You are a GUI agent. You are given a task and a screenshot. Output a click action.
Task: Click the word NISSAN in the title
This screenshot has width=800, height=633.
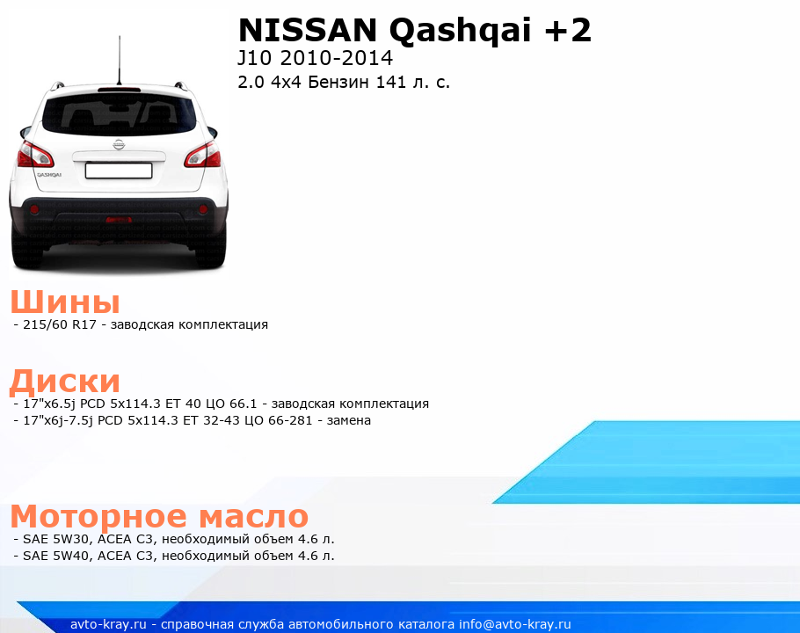pyautogui.click(x=308, y=30)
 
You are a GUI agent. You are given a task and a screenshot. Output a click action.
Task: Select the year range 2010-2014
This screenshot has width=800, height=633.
pyautogui.click(x=336, y=58)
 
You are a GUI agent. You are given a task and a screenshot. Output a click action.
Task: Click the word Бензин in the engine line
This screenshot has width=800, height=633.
pyautogui.click(x=338, y=82)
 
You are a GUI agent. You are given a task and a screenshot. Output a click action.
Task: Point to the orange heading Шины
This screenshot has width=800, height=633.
pyautogui.click(x=65, y=301)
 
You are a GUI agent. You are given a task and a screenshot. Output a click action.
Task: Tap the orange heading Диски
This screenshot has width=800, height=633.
pyautogui.click(x=65, y=381)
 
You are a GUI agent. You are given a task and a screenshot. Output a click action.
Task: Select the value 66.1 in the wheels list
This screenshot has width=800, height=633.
pyautogui.click(x=243, y=404)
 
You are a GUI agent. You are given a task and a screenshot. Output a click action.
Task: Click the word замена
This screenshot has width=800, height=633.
pyautogui.click(x=348, y=420)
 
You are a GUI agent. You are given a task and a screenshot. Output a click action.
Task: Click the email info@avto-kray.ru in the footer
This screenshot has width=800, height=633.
pyautogui.click(x=515, y=624)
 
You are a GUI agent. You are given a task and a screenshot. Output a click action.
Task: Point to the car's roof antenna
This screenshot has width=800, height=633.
pyautogui.click(x=120, y=60)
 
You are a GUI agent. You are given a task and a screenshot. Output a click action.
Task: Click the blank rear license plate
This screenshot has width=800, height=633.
pyautogui.click(x=119, y=171)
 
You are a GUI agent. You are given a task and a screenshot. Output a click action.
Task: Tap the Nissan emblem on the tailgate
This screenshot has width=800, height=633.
pyautogui.click(x=119, y=144)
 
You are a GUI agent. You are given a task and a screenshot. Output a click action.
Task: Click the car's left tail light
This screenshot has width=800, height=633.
pyautogui.click(x=35, y=155)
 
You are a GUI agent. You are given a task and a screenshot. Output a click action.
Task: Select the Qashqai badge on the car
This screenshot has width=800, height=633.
pyautogui.click(x=49, y=174)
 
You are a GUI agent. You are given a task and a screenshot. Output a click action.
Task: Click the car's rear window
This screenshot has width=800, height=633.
pyautogui.click(x=119, y=114)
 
